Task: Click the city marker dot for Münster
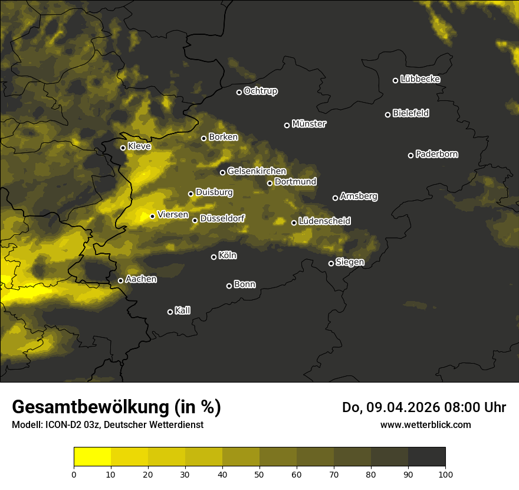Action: point(287,125)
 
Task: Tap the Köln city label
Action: point(228,256)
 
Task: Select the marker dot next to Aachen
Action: point(121,280)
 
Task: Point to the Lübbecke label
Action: point(420,79)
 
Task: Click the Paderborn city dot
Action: point(411,155)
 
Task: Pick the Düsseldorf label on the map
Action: point(222,218)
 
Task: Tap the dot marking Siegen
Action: point(331,263)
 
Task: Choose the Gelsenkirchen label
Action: point(257,171)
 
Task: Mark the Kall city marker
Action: point(170,312)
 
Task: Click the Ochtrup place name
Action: point(260,91)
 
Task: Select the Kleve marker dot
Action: point(123,148)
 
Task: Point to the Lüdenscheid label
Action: point(324,221)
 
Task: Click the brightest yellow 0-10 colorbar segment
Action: point(92,456)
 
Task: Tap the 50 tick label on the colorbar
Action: point(259,474)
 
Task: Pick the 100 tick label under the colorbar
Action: point(445,474)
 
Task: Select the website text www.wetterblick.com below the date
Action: point(426,424)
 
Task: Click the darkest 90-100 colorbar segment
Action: point(426,456)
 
